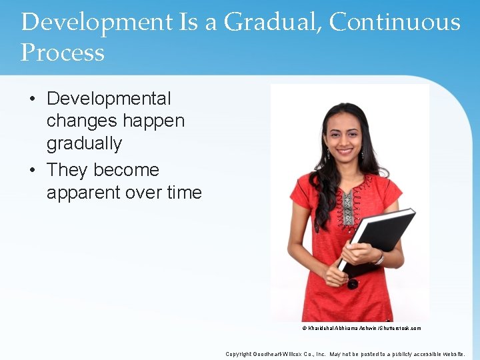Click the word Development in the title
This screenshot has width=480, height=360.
point(97,23)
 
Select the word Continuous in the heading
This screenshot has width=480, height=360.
point(394,23)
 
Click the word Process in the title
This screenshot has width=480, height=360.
point(62,52)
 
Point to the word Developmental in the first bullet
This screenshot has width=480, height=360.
point(109,99)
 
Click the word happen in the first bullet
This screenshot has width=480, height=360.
point(154,121)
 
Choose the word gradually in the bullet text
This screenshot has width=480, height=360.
point(84,143)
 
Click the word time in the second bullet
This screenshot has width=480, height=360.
point(184,193)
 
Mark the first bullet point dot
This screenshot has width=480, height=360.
point(33,99)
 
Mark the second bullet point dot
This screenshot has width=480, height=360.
point(33,171)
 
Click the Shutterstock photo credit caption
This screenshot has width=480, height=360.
point(361,328)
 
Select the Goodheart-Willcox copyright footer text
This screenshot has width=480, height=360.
point(345,354)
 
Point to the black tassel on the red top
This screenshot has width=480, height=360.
point(352,283)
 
